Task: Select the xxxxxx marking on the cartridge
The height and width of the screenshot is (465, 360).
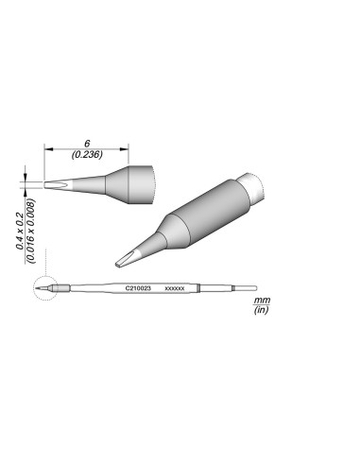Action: point(174,286)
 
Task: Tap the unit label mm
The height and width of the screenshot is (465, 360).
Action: point(262,299)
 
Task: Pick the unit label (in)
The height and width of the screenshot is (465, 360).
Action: point(262,309)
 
